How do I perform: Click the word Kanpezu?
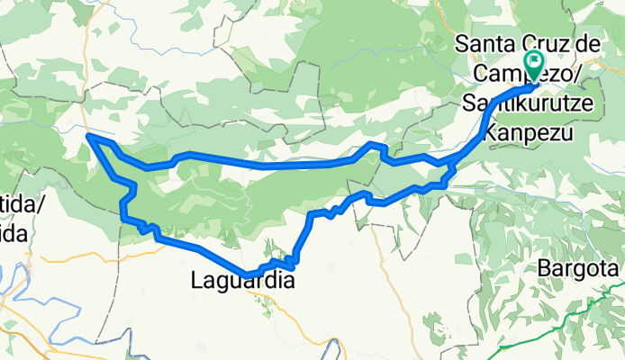pos(523,132)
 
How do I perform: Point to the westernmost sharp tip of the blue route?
pos(88,136)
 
